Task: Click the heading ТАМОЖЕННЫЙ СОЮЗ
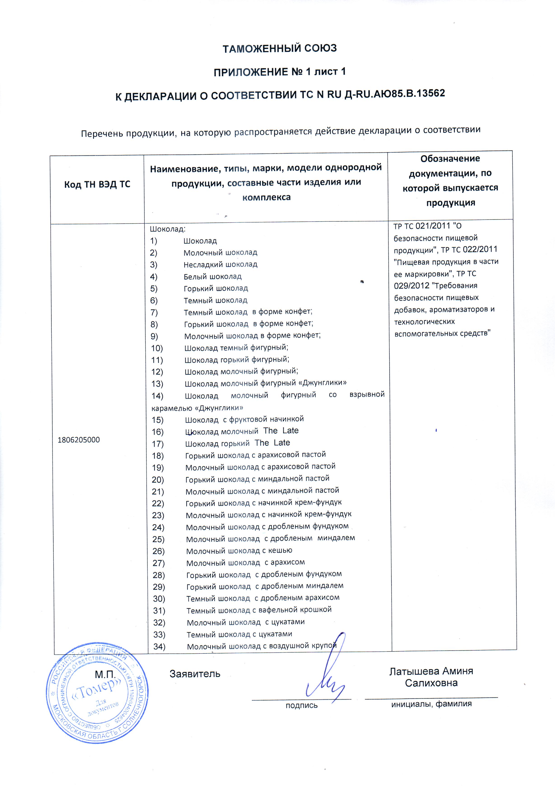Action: pos(280,48)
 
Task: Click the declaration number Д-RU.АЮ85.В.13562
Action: pos(394,93)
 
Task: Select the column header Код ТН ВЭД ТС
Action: pos(97,184)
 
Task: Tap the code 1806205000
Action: pos(79,440)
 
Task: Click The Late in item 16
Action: pos(281,431)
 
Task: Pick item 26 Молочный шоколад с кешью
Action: pos(239,551)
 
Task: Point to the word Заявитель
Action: pos(195,674)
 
